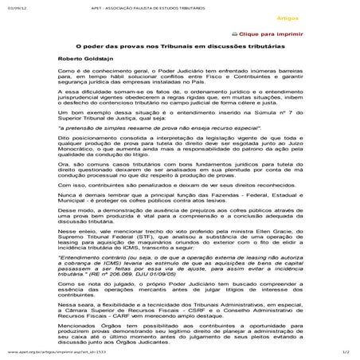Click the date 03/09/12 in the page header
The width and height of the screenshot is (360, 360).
(14, 6)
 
